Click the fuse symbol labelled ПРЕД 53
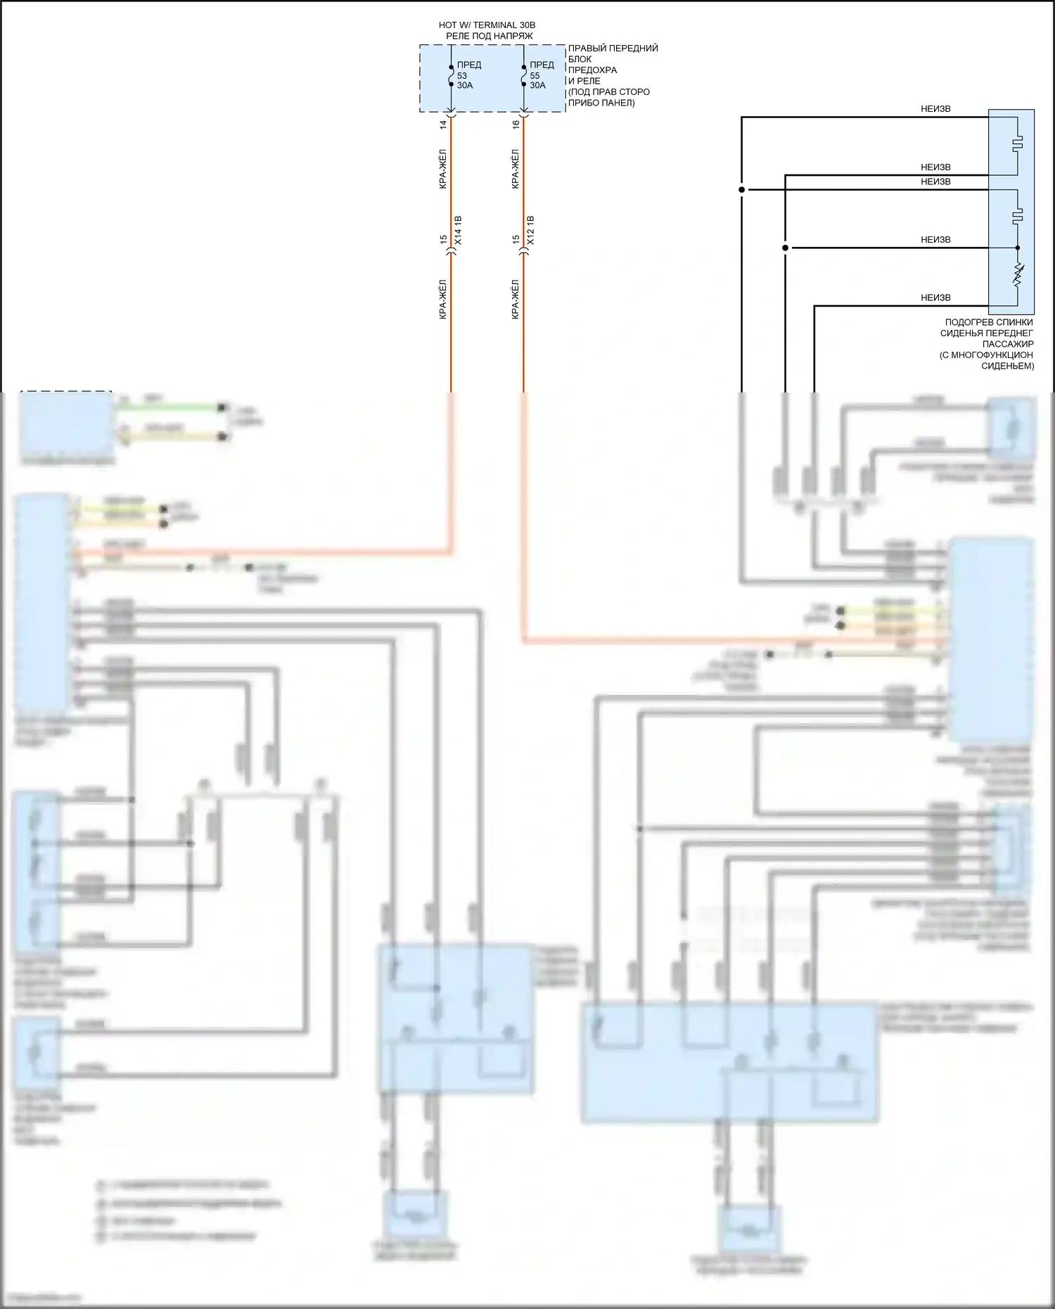[451, 76]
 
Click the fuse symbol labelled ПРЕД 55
[523, 76]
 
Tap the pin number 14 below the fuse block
[443, 124]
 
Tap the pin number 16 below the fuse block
[516, 124]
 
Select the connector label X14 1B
[458, 230]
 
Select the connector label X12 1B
[530, 230]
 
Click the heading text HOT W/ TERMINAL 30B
[487, 25]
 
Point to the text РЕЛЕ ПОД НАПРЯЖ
[489, 36]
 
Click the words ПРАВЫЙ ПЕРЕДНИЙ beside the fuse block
[613, 49]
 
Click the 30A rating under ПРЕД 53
[465, 86]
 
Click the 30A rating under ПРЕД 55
[537, 86]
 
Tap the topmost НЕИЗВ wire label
[935, 109]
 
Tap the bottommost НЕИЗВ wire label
[935, 298]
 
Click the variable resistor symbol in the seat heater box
[1018, 275]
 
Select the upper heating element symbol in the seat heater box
[1018, 145]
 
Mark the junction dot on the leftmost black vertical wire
[741, 190]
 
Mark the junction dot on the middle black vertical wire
[785, 248]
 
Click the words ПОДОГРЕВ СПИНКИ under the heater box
[988, 322]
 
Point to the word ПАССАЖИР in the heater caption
[1007, 344]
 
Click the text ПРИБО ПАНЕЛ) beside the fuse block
[601, 103]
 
